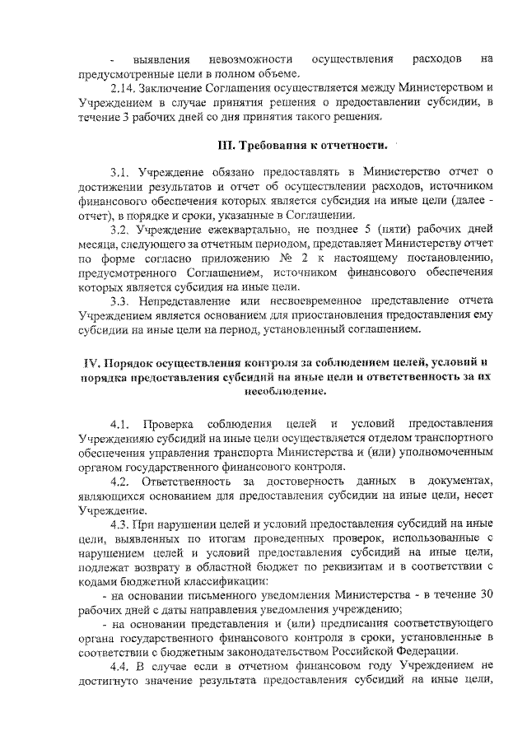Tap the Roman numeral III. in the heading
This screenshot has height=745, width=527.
point(227,146)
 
